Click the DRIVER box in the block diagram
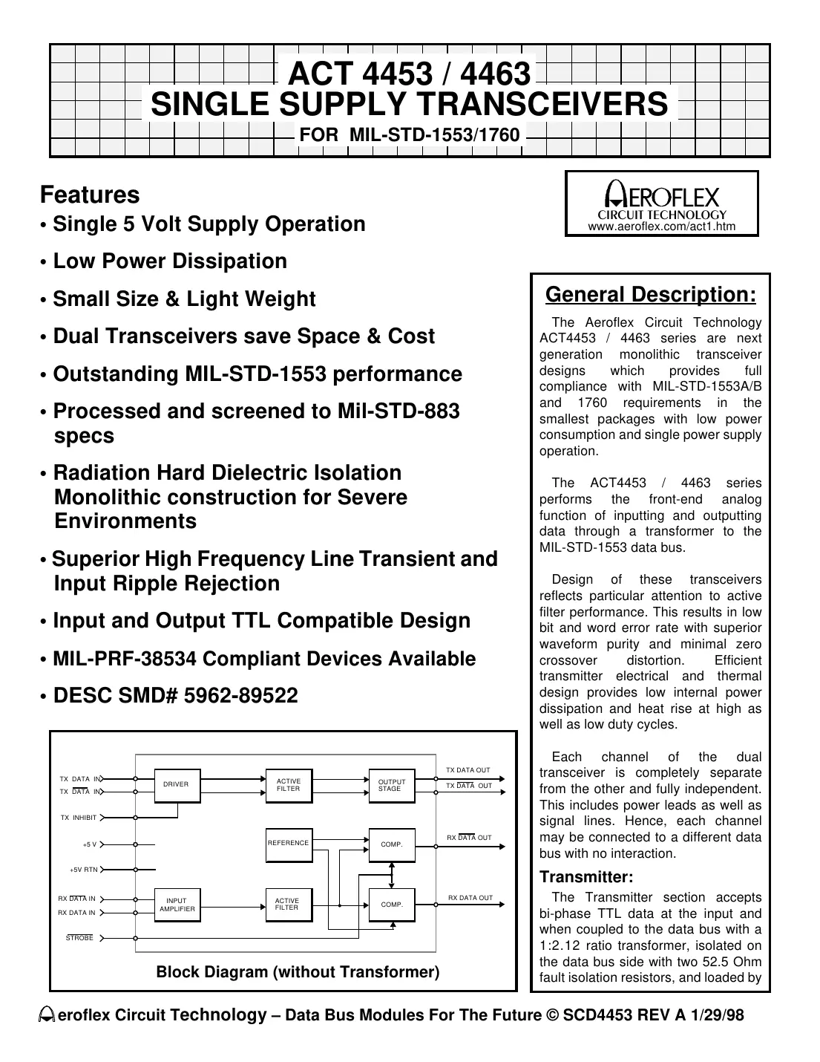pos(176,785)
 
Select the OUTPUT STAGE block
pos(391,785)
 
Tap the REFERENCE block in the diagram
pos(288,844)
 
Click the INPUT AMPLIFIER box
pos(177,905)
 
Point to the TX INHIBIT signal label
pos(79,818)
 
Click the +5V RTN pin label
pos(83,870)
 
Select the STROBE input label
pos(80,938)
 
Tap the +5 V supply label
pos(89,844)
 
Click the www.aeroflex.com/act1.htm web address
pos(662,227)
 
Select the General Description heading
pos(651,295)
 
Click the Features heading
pos(90,195)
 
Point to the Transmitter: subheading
pos(586,877)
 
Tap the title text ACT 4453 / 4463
pos(409,74)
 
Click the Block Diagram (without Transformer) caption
pos(298,972)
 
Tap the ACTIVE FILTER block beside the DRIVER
pos(288,785)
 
